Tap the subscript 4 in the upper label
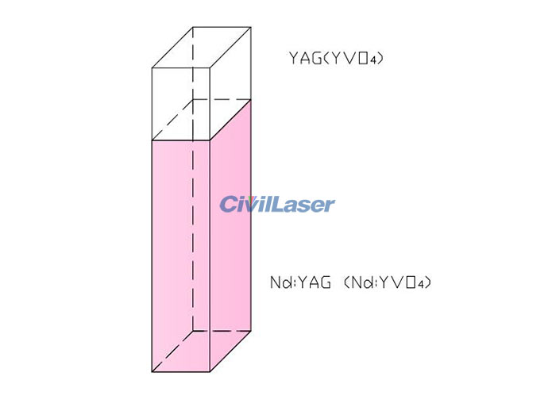[372, 60]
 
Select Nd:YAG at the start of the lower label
[301, 282]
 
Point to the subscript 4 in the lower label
[420, 285]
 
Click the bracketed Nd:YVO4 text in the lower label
[388, 282]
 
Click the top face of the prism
[202, 47]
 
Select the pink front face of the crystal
[181, 255]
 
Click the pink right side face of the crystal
[230, 236]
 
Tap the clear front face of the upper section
[181, 104]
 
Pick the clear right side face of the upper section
[230, 83]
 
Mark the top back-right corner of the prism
[251, 27]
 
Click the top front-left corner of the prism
[152, 67]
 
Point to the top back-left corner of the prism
[193, 27]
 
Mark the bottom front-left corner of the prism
[152, 371]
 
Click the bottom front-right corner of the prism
[210, 371]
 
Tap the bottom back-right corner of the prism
[251, 331]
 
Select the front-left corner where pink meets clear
[152, 140]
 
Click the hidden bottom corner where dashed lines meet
[193, 331]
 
